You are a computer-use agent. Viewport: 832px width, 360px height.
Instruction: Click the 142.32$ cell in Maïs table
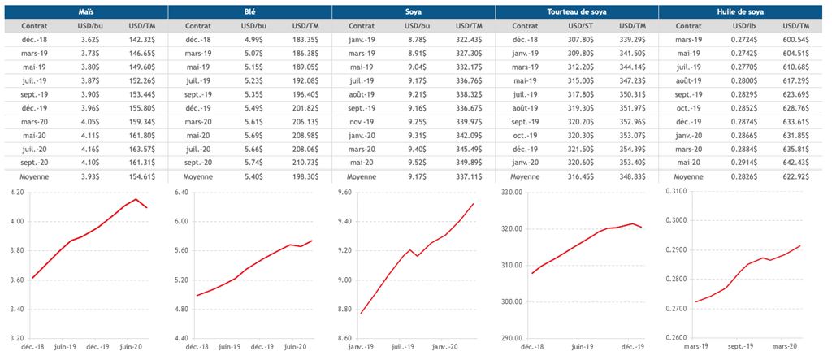coord(142,39)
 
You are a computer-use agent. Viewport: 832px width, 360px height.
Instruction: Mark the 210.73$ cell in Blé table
coord(306,162)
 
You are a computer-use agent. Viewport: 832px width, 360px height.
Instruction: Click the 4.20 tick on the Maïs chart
coord(15,192)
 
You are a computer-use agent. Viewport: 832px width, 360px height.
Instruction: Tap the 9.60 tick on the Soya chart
coord(342,192)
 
